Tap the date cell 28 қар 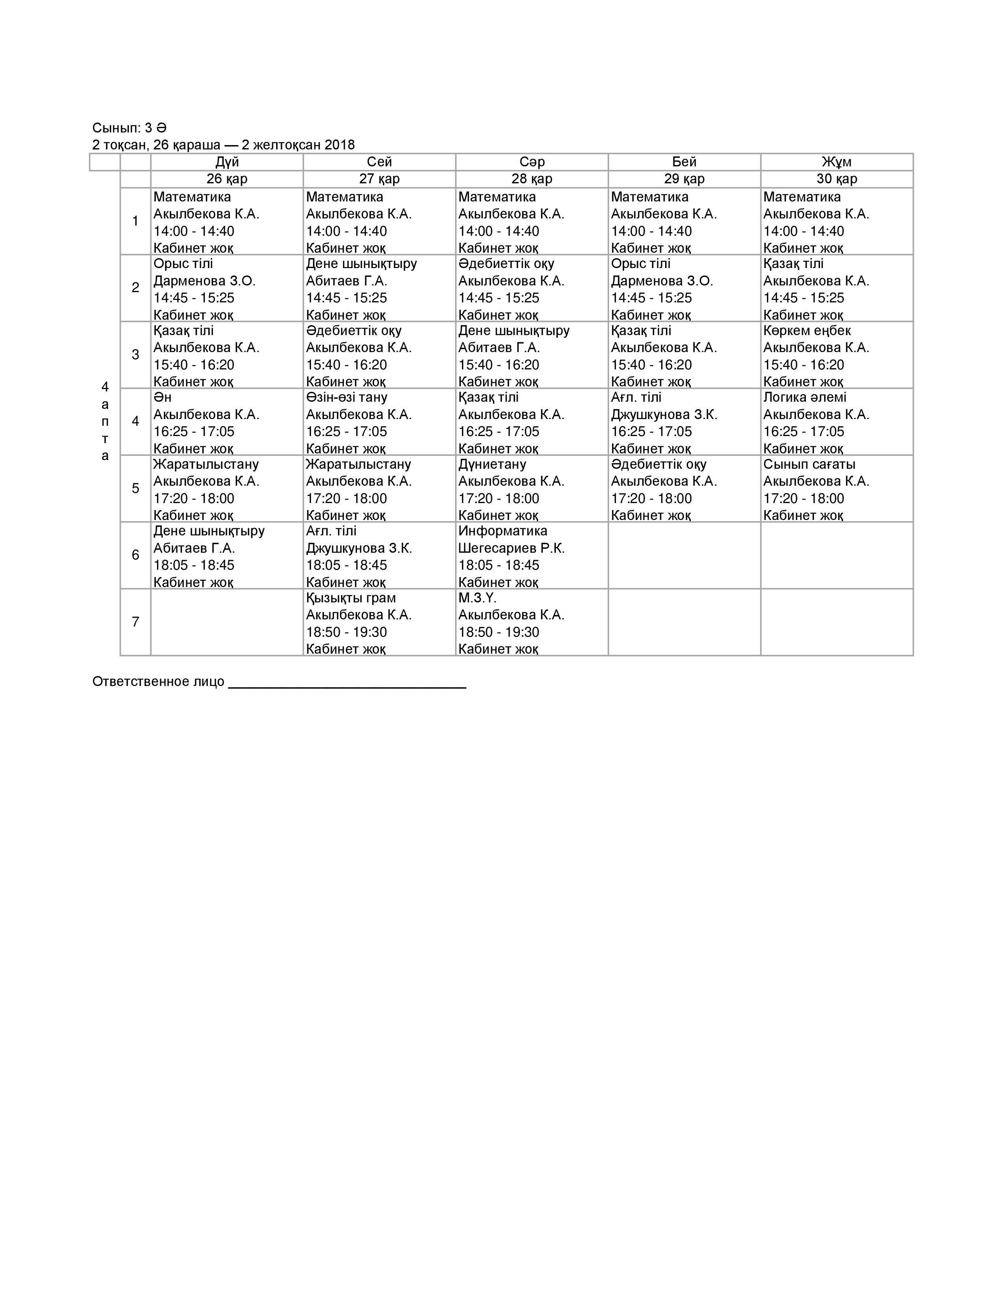pyautogui.click(x=532, y=179)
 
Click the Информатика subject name pyautogui.click(x=502, y=531)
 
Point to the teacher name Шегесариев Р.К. pyautogui.click(x=511, y=548)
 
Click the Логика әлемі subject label pyautogui.click(x=804, y=397)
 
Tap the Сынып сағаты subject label pyautogui.click(x=809, y=464)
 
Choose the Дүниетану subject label pyautogui.click(x=492, y=464)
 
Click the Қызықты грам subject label pyautogui.click(x=351, y=598)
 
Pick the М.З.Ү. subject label pyautogui.click(x=477, y=598)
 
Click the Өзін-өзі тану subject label pyautogui.click(x=346, y=397)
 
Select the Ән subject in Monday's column pyautogui.click(x=162, y=397)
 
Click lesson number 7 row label pyautogui.click(x=135, y=622)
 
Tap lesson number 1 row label pyautogui.click(x=135, y=221)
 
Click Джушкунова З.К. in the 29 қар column pyautogui.click(x=664, y=415)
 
